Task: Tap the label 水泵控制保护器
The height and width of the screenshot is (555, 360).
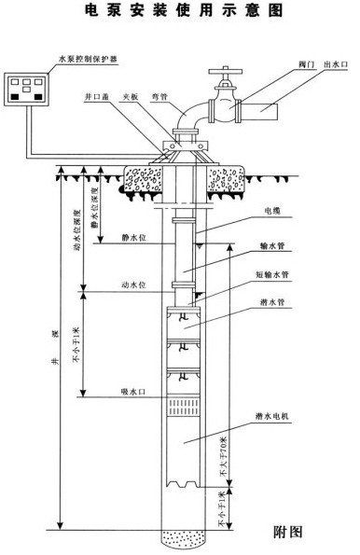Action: pos(43,59)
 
